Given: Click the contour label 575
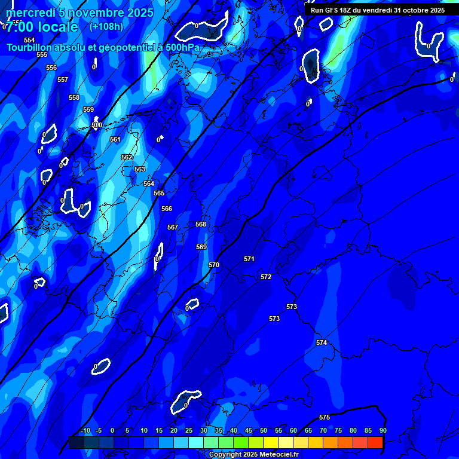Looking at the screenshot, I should coord(325,417).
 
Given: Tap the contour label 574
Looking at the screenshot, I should coord(322,342).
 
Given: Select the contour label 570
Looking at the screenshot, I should coord(214,265).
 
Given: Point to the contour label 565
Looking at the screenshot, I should coord(159,193).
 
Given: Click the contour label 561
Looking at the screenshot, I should coord(115,139).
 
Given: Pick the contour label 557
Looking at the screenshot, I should coord(63,79).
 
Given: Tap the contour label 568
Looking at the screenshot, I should coord(201,224).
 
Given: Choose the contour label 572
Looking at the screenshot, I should coord(266,277).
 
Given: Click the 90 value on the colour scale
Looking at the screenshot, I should coord(382,431).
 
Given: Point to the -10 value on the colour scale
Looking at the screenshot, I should coord(85,431).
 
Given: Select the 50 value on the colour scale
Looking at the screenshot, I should coord(264,431).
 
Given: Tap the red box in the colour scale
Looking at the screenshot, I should coord(375,442).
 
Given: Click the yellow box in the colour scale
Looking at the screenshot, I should coord(271,442).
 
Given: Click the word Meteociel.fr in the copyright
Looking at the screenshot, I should coord(277,455).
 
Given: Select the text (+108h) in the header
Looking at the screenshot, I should coord(106,26).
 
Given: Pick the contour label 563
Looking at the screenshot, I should coord(140,169).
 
